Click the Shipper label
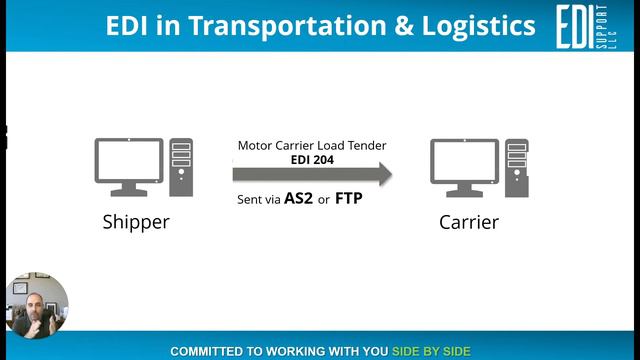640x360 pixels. [x=135, y=221]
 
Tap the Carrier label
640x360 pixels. [x=468, y=221]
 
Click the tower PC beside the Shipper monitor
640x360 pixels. [x=181, y=167]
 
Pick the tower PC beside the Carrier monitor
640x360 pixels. [x=516, y=167]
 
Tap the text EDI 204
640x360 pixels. [x=311, y=158]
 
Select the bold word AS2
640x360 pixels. [x=298, y=198]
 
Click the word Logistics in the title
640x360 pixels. [x=476, y=26]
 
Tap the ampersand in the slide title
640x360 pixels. [x=402, y=26]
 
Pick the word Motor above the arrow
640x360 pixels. [x=256, y=145]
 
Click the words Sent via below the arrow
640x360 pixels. [x=258, y=199]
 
